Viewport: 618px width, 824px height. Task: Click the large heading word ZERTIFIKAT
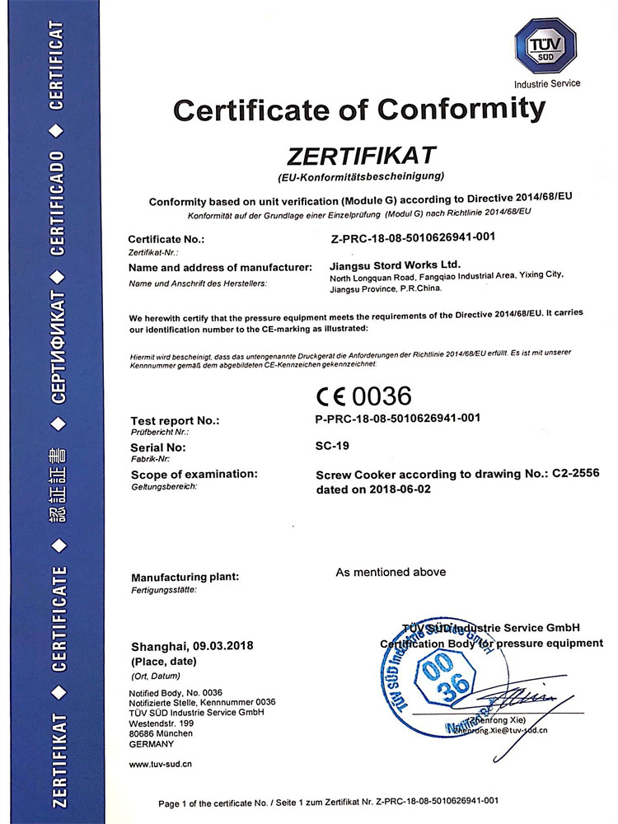360,155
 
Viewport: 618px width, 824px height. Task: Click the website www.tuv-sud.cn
162,764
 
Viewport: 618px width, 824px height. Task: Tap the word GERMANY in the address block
152,743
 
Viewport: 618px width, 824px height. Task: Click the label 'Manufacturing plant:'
185,578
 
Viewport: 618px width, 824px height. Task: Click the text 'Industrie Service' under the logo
547,83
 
